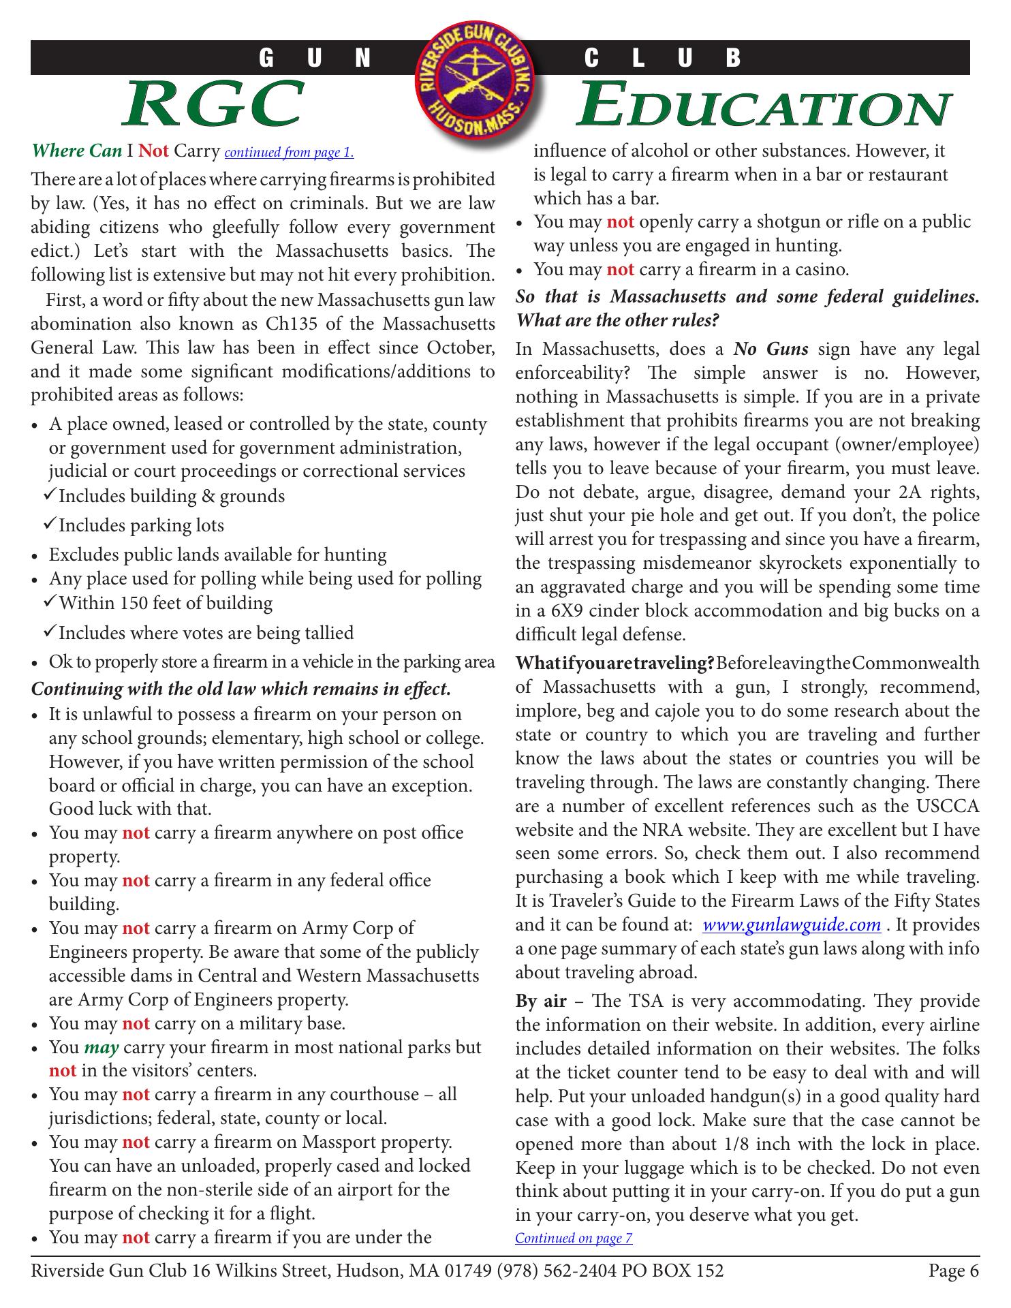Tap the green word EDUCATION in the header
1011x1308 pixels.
pyautogui.click(x=763, y=106)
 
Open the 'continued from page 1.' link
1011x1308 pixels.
pyautogui.click(x=289, y=152)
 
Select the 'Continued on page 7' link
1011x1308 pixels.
pyautogui.click(x=574, y=1238)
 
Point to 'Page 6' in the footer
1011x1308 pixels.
pyautogui.click(x=953, y=1271)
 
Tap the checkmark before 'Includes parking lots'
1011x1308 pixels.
pyautogui.click(x=50, y=525)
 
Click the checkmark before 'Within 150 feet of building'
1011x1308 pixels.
pyautogui.click(x=50, y=602)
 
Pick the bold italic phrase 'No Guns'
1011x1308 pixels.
pyautogui.click(x=771, y=349)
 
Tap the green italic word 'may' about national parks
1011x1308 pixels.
pyautogui.click(x=101, y=1047)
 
